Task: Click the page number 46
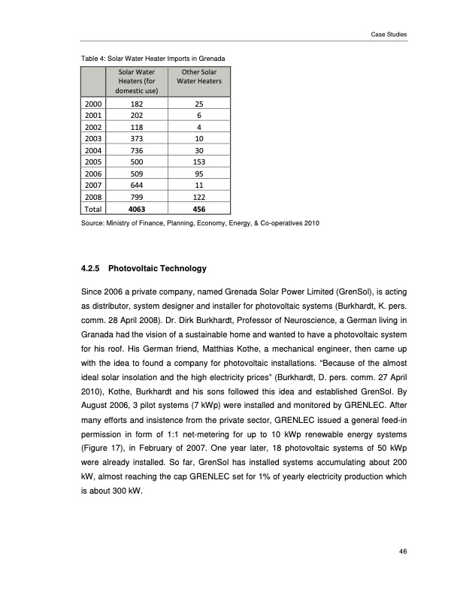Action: coord(404,552)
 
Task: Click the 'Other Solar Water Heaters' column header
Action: coord(198,77)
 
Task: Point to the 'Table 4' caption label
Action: coord(93,58)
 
